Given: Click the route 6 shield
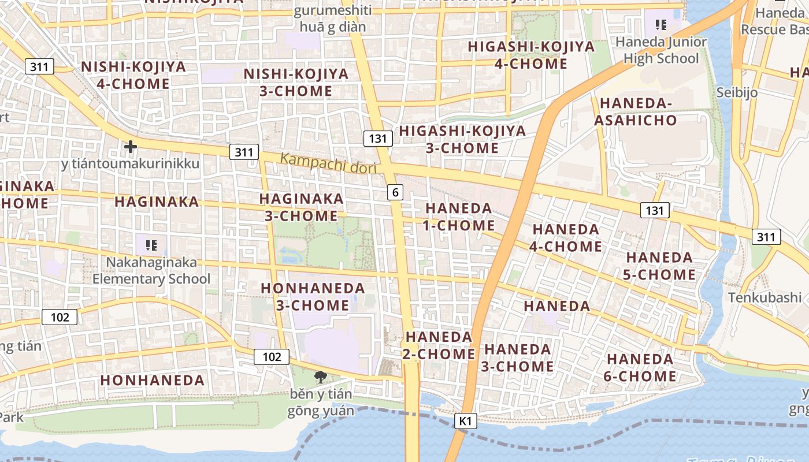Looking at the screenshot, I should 395,192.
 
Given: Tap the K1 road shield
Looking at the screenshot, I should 466,422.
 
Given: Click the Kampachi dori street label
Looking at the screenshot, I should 328,163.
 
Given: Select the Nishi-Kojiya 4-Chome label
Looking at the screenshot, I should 125,75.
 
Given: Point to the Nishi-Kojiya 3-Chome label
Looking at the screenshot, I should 296,83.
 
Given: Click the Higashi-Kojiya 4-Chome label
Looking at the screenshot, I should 530,55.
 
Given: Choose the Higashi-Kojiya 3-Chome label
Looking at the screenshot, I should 462,139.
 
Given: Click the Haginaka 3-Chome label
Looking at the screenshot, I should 301,207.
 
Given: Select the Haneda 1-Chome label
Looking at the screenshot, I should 458,217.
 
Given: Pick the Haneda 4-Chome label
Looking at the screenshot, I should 566,237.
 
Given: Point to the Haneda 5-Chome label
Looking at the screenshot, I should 659,266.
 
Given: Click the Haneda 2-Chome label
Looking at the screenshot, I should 439,345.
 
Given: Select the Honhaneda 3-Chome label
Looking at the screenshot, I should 313,296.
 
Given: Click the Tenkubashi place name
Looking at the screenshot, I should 765,297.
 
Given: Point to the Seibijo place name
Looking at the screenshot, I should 737,92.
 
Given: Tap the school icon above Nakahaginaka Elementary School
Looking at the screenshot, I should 151,245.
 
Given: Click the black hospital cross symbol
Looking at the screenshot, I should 131,147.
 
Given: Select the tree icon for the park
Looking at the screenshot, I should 320,378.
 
